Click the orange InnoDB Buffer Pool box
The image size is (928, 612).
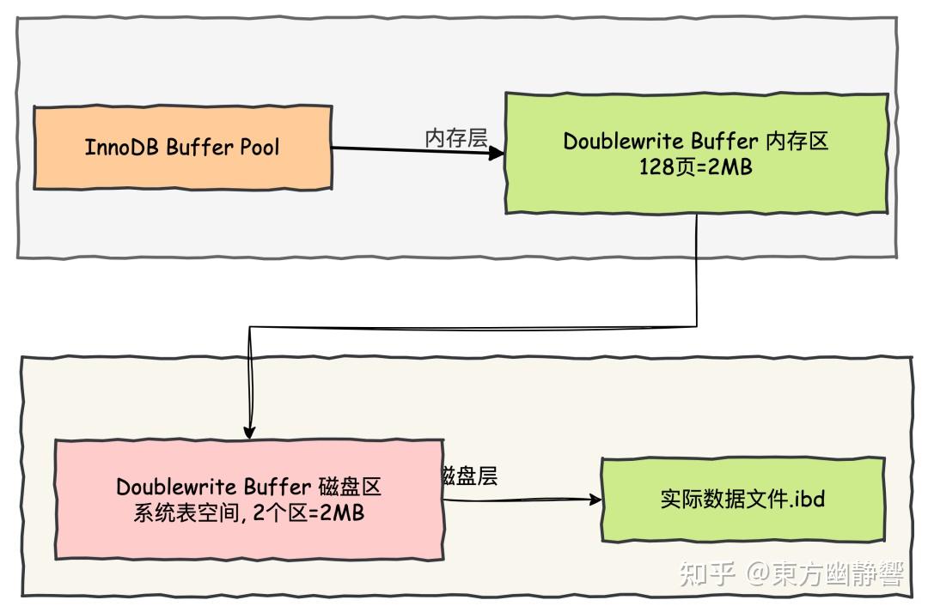182,147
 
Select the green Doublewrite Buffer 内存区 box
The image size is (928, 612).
695,154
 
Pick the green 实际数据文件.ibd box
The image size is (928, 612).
742,500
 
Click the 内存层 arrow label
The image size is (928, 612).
456,138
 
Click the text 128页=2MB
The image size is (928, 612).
695,167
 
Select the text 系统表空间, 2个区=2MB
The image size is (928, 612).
248,513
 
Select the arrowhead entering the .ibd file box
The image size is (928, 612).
594,500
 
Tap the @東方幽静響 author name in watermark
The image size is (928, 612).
824,573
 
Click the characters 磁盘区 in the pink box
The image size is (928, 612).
349,487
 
